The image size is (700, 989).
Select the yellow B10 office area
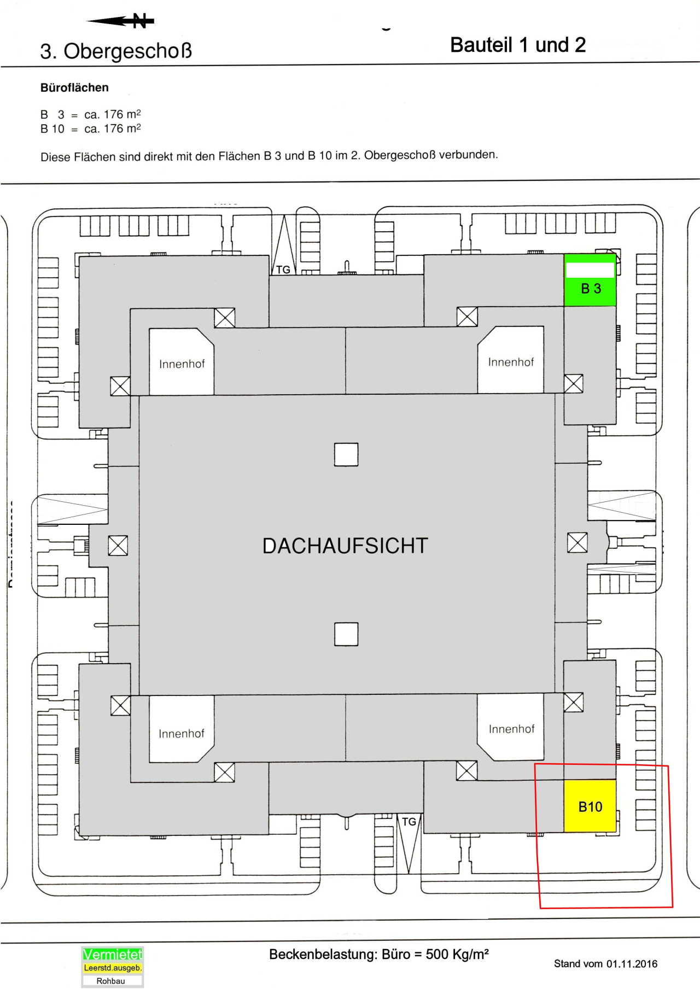coord(590,806)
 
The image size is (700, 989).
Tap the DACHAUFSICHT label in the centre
coord(345,546)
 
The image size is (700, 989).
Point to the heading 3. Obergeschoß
coord(116,51)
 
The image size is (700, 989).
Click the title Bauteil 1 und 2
coord(517,45)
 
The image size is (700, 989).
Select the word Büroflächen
coord(74,87)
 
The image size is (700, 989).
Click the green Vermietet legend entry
coord(112,955)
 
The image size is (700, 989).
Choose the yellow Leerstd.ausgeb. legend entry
coord(112,968)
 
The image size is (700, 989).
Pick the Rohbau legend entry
coord(111,981)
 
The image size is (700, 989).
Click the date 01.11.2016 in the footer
coord(632,964)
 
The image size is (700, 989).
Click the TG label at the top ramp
coord(283,270)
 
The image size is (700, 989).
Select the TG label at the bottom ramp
coord(409,822)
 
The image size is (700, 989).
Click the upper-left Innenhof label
coord(182,364)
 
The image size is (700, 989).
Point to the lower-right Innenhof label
coord(511,729)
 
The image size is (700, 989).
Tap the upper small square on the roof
coord(346,454)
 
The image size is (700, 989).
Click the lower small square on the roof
coord(346,634)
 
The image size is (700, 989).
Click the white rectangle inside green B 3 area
coord(590,270)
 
